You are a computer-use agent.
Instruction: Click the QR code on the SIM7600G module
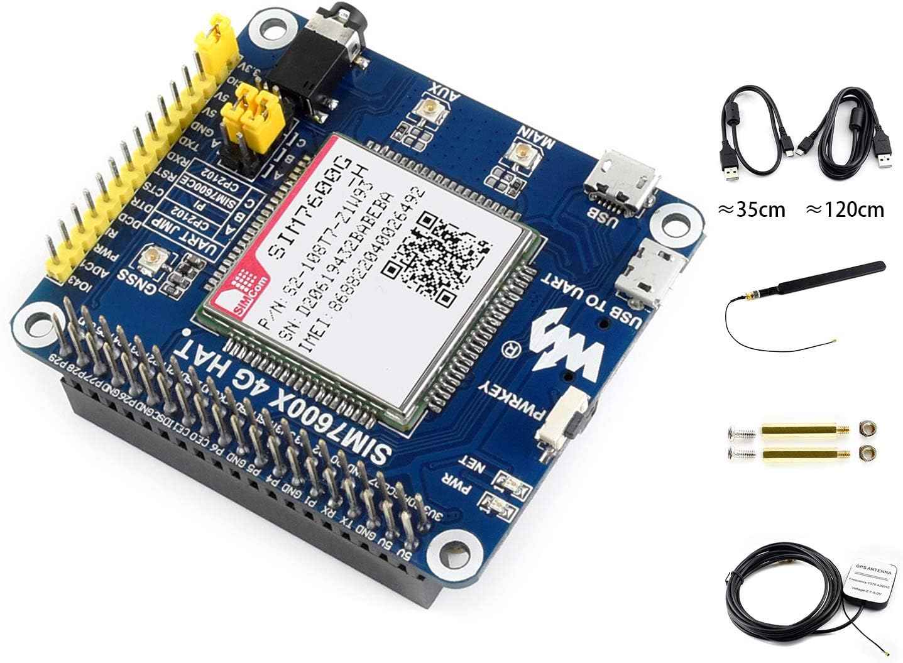437,251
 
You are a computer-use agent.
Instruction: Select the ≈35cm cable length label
752,209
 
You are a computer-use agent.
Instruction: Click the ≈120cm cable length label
845,209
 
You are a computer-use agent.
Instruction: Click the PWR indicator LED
496,503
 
